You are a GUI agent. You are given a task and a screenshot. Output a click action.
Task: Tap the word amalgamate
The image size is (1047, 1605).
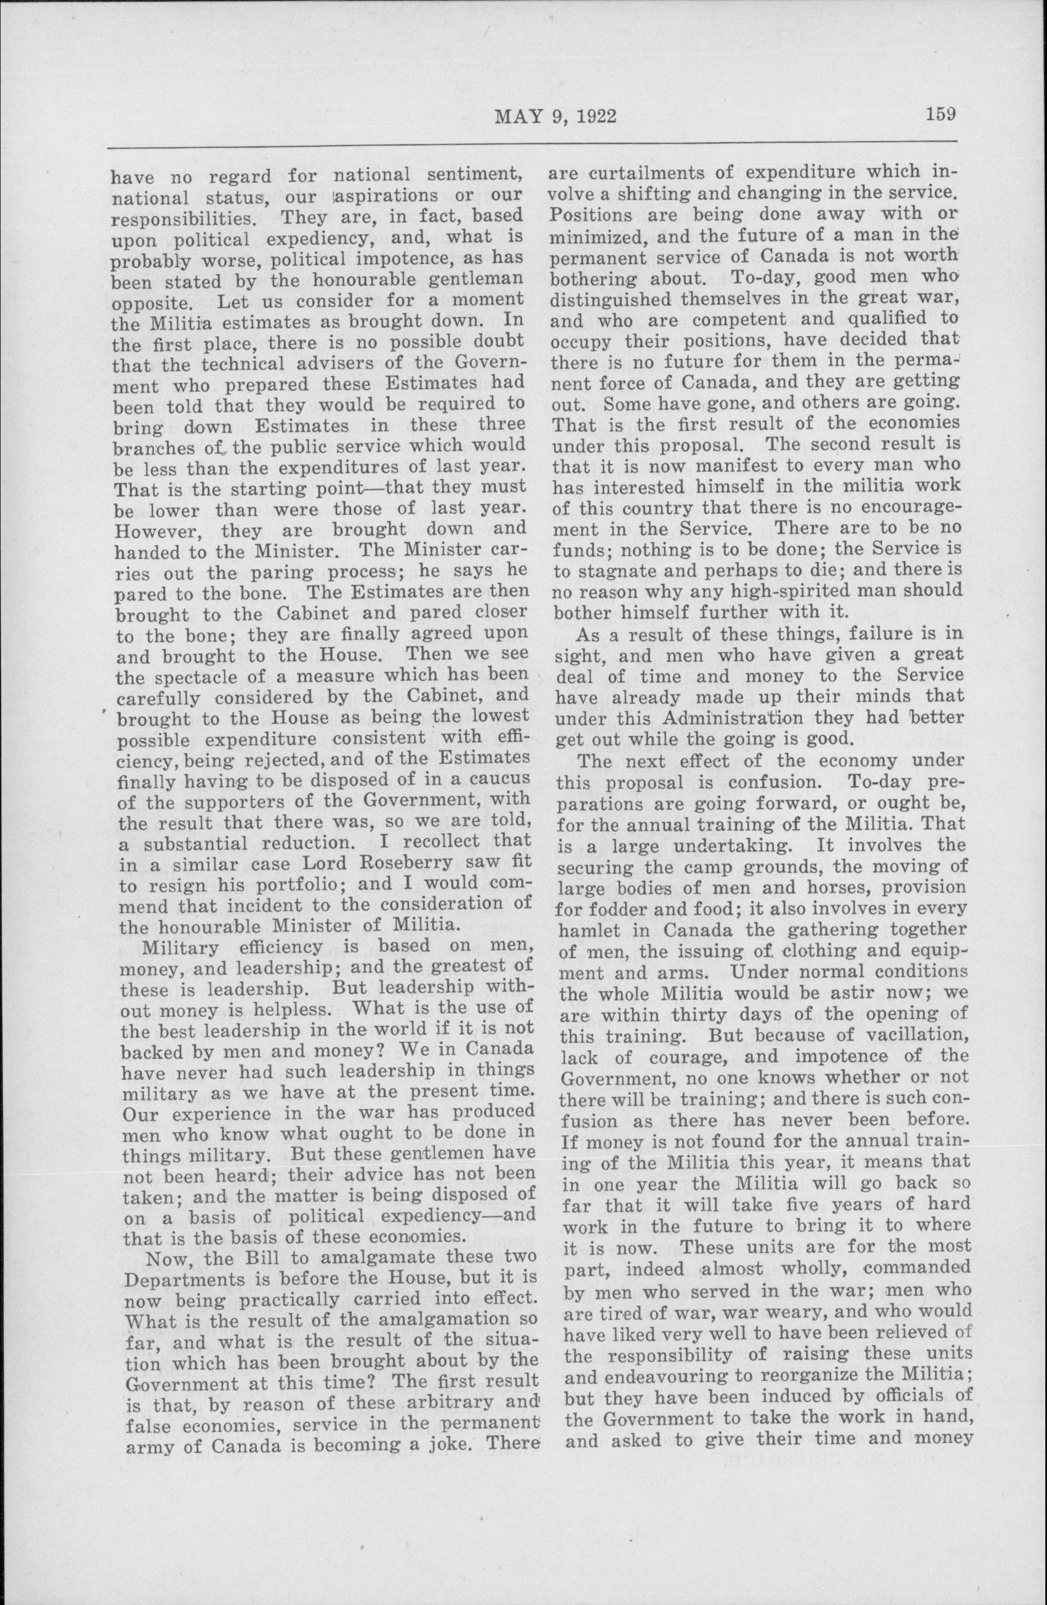(354, 1258)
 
